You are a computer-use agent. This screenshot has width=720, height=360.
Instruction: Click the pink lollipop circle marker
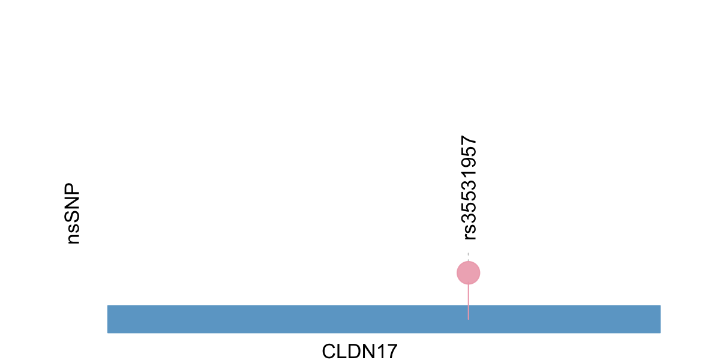pyautogui.click(x=469, y=273)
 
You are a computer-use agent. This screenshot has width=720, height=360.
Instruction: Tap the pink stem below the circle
pyautogui.click(x=469, y=302)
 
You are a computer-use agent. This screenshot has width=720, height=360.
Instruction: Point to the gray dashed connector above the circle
pyautogui.click(x=469, y=257)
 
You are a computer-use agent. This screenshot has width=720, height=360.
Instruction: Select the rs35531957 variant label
pyautogui.click(x=469, y=188)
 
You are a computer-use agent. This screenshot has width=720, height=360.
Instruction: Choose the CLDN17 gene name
pyautogui.click(x=359, y=351)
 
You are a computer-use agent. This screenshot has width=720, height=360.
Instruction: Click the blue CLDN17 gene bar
pyautogui.click(x=384, y=319)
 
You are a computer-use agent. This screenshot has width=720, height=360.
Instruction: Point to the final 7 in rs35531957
pyautogui.click(x=469, y=140)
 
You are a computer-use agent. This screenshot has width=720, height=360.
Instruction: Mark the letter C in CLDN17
pyautogui.click(x=329, y=352)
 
